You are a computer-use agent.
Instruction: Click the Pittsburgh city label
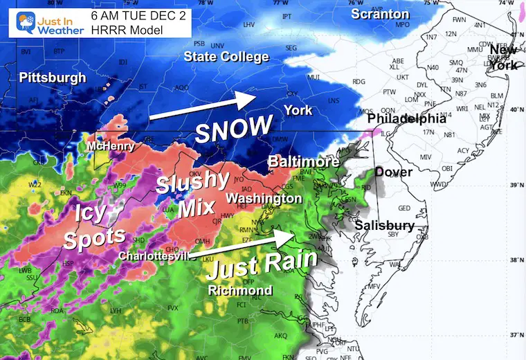click(x=53, y=78)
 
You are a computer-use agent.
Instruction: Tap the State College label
click(x=226, y=57)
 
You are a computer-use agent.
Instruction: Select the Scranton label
click(x=379, y=14)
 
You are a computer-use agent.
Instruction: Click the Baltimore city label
click(x=304, y=161)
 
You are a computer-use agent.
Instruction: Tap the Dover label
click(x=394, y=172)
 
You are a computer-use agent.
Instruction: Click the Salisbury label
click(x=384, y=226)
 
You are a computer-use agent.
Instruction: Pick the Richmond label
click(x=240, y=291)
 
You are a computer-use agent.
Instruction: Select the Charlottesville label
click(x=153, y=255)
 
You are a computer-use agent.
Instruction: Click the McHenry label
click(x=108, y=147)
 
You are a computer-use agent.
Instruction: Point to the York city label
click(x=298, y=110)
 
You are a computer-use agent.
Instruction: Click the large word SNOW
click(x=233, y=129)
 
